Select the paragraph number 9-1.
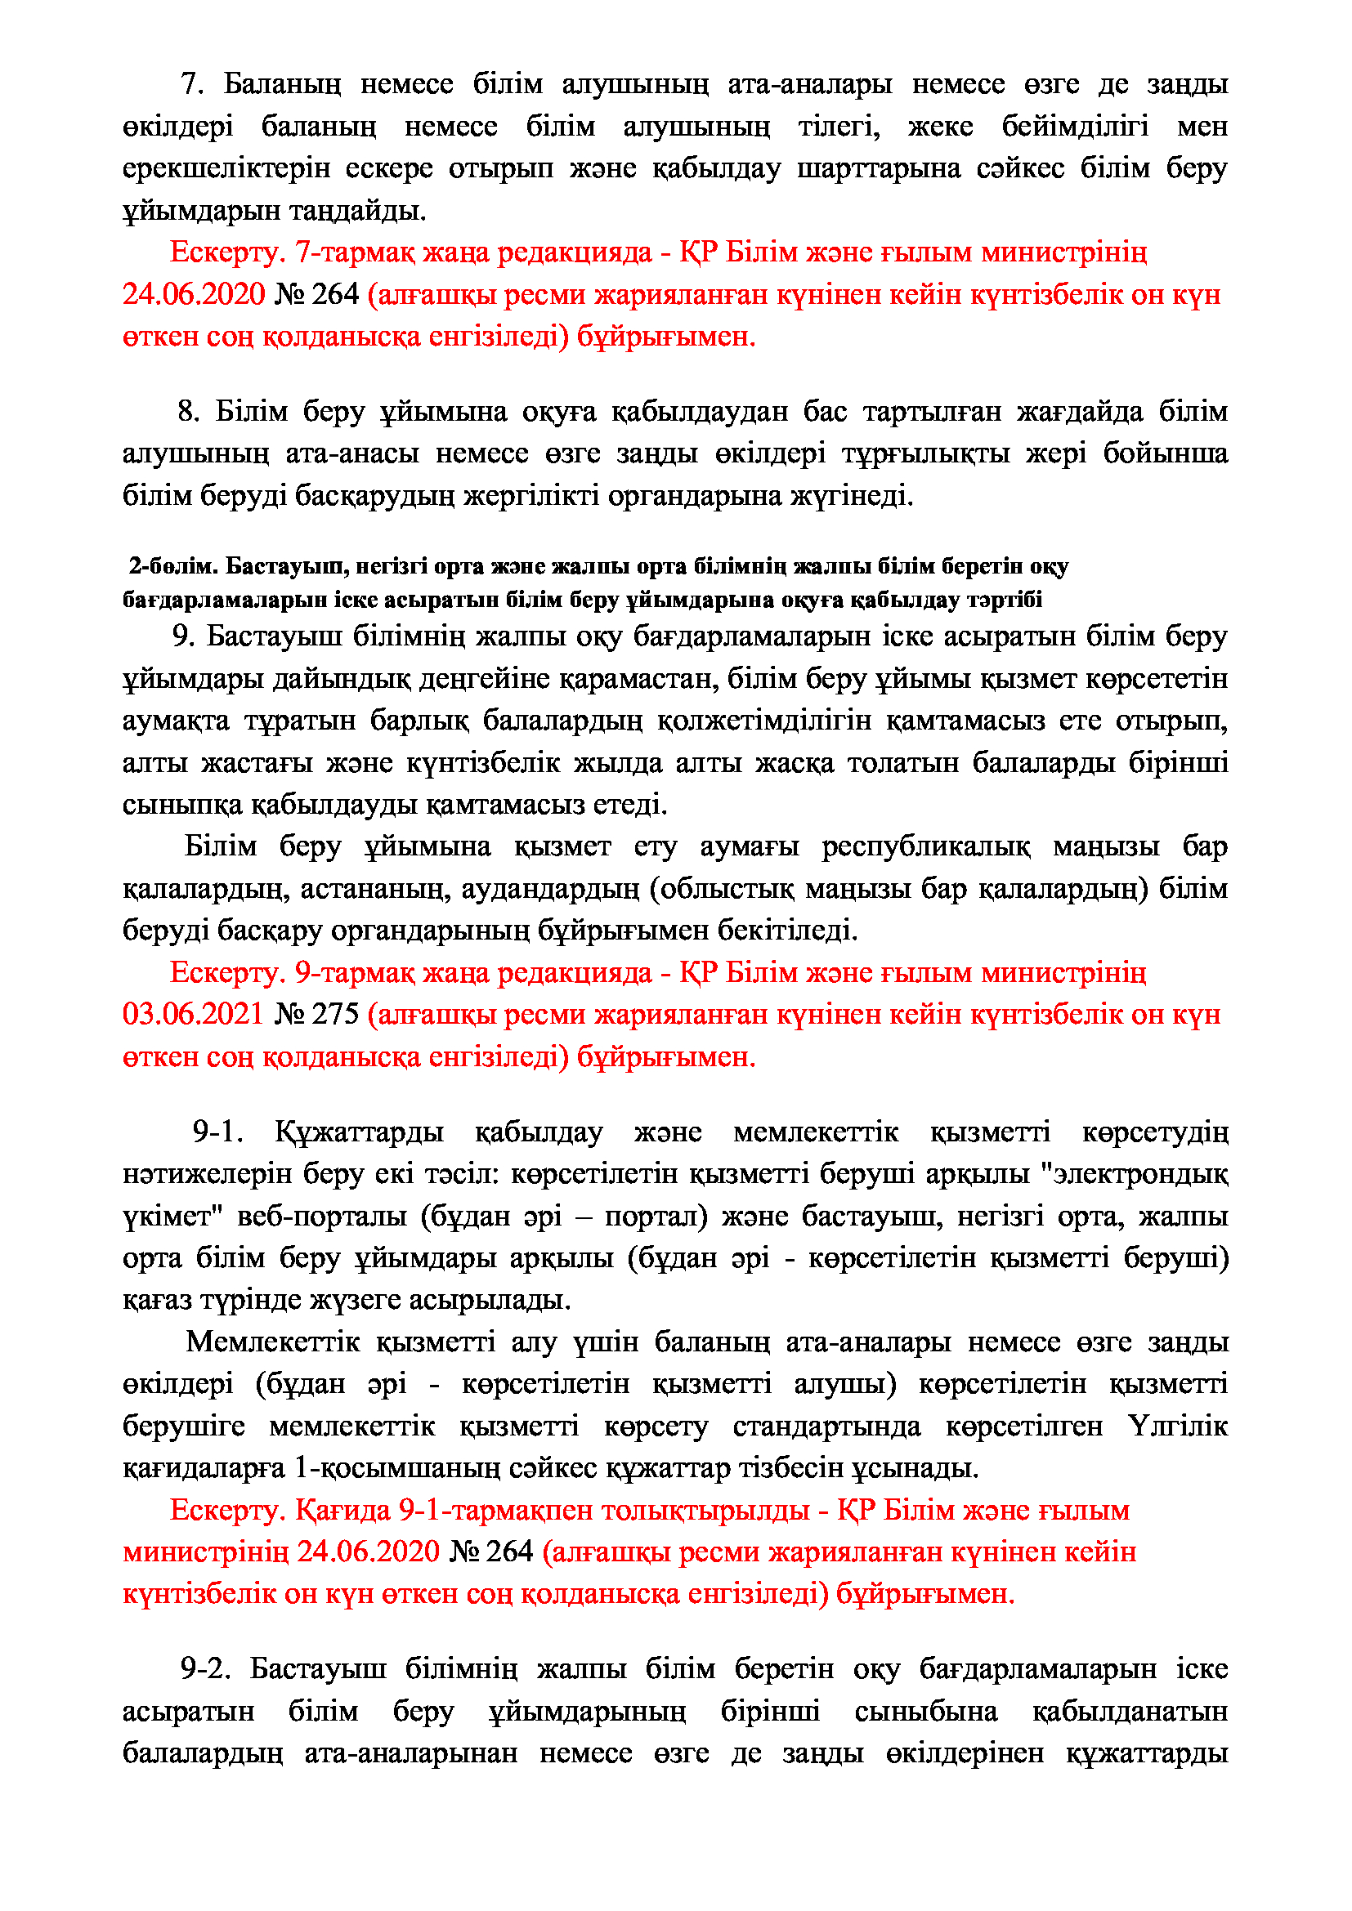218,1132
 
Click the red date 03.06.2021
193,1015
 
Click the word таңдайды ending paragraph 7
358,212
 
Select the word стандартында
826,1427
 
